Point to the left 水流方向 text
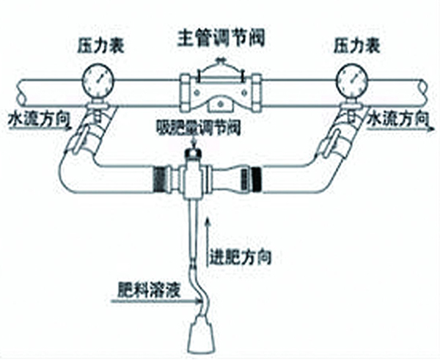click(32, 118)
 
